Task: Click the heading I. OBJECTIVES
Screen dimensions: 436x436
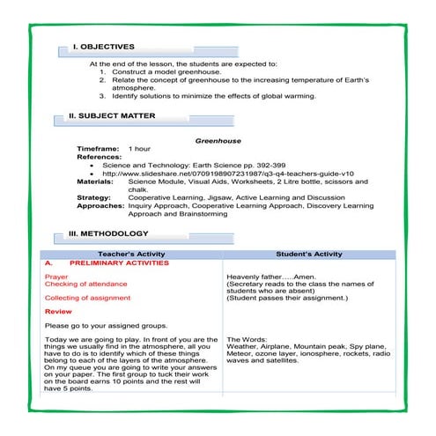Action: [104, 46]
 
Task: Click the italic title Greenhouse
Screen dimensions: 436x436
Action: [218, 140]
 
